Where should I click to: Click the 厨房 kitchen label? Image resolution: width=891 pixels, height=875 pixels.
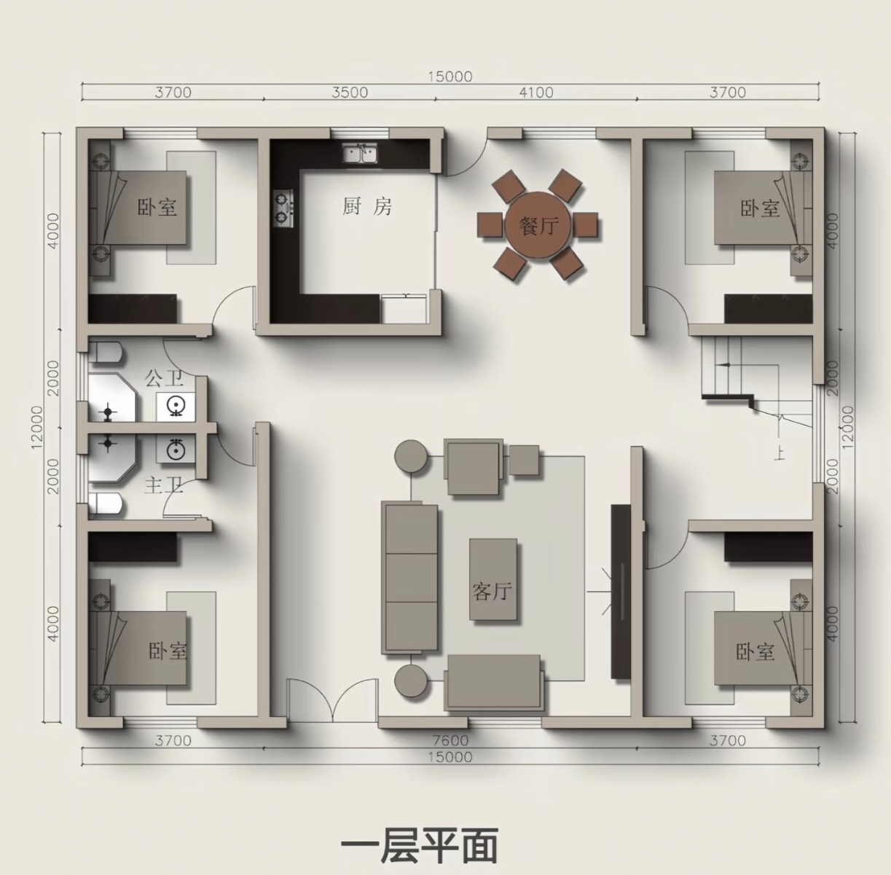click(x=367, y=206)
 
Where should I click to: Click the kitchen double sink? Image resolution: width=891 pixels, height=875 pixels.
click(x=360, y=153)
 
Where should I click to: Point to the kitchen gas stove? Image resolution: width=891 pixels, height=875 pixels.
click(x=283, y=208)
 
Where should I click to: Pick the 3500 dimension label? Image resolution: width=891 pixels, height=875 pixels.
click(x=350, y=93)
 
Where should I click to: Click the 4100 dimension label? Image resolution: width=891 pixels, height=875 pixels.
click(x=536, y=93)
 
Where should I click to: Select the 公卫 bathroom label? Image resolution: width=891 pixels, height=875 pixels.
click(x=164, y=378)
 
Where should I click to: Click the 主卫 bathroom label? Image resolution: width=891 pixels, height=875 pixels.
click(x=164, y=486)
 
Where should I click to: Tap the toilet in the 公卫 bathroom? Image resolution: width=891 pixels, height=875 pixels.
click(x=106, y=353)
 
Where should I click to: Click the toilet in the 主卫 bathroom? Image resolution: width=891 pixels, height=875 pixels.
click(x=106, y=503)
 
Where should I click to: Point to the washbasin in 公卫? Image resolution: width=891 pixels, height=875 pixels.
click(x=176, y=407)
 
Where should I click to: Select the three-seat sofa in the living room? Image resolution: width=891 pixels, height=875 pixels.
click(x=409, y=578)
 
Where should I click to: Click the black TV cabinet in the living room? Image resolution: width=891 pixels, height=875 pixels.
click(x=621, y=592)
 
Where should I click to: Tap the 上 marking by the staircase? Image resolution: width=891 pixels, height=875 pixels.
click(x=780, y=454)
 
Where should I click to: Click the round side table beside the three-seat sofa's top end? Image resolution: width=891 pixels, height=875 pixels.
click(x=411, y=455)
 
